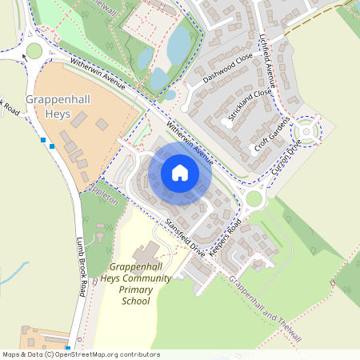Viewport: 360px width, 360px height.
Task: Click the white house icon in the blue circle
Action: (x=180, y=172)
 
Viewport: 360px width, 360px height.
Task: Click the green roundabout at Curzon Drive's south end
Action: (x=254, y=198)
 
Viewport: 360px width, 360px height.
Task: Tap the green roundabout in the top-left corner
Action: (x=34, y=51)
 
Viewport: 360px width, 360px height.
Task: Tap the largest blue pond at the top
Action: (x=178, y=46)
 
